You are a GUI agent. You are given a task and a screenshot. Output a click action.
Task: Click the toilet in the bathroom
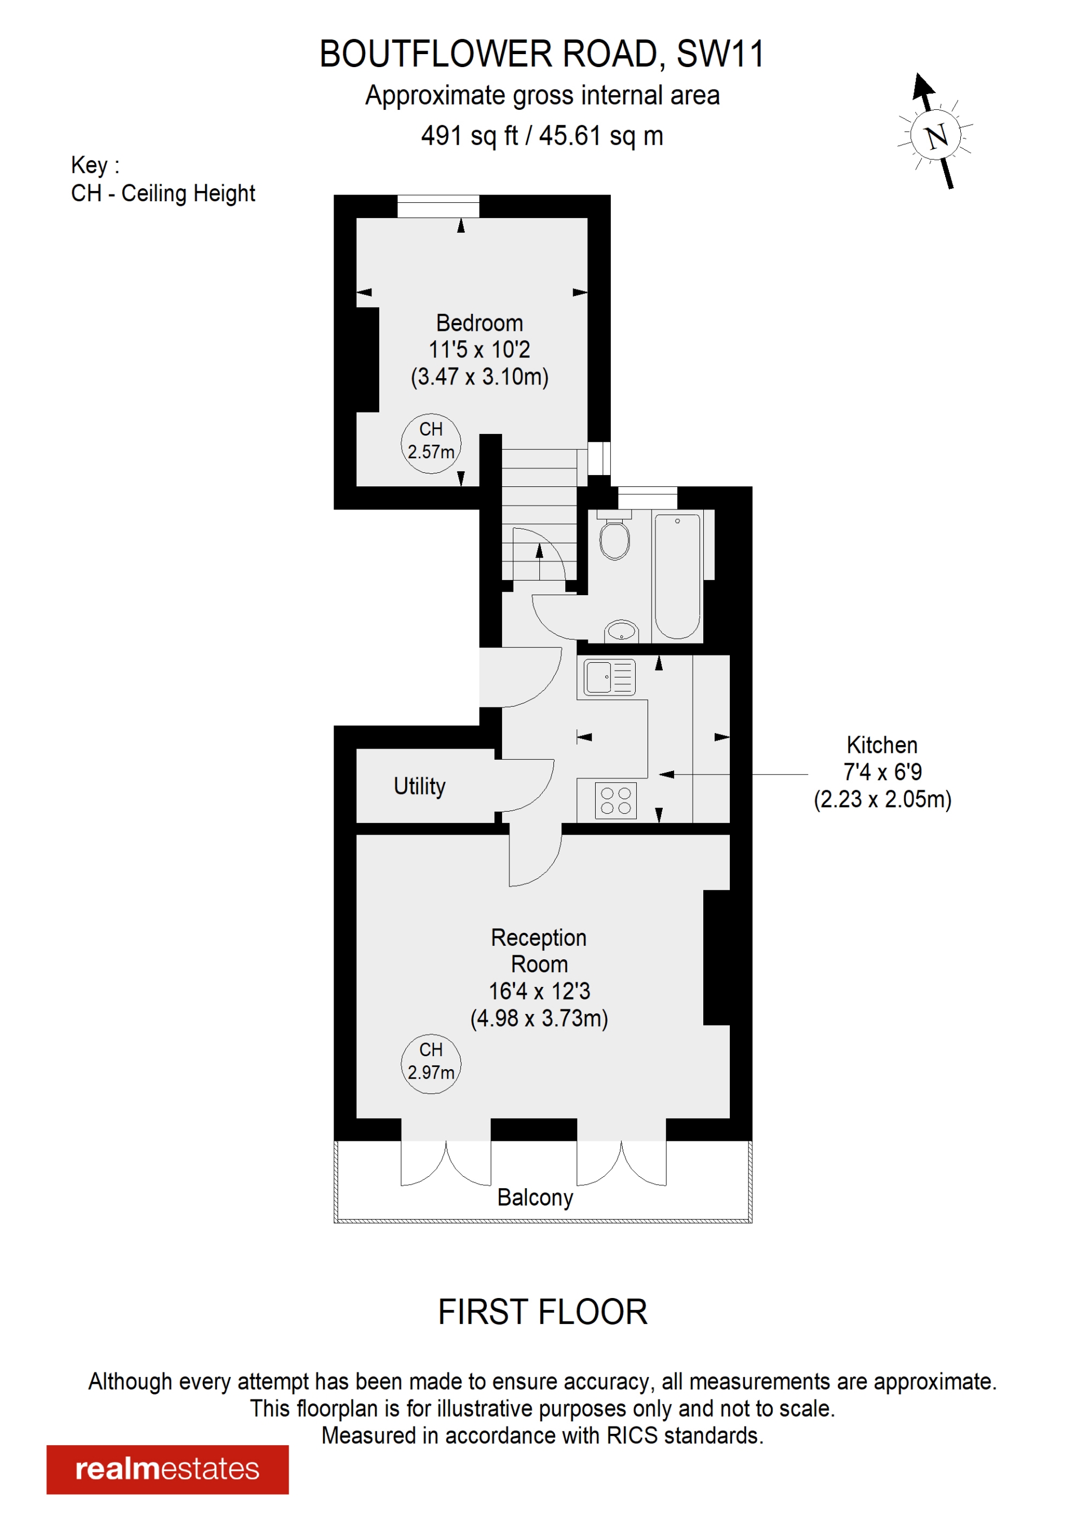click(x=614, y=538)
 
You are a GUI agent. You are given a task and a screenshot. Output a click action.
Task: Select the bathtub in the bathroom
click(x=677, y=575)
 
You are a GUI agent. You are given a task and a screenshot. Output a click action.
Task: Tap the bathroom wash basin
click(x=622, y=630)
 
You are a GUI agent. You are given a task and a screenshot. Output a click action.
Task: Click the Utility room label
click(x=419, y=786)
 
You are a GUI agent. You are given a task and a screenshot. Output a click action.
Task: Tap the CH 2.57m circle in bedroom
click(x=431, y=444)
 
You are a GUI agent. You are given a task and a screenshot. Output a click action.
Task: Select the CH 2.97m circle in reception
click(x=431, y=1064)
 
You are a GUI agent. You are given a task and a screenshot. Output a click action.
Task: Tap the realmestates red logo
click(x=167, y=1469)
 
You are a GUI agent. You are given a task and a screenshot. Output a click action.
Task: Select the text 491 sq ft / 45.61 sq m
click(x=542, y=136)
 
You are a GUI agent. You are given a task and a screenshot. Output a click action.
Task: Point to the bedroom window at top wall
click(x=438, y=206)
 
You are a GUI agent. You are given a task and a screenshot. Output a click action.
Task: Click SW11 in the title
click(x=720, y=55)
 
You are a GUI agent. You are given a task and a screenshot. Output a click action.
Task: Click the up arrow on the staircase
click(x=540, y=552)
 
